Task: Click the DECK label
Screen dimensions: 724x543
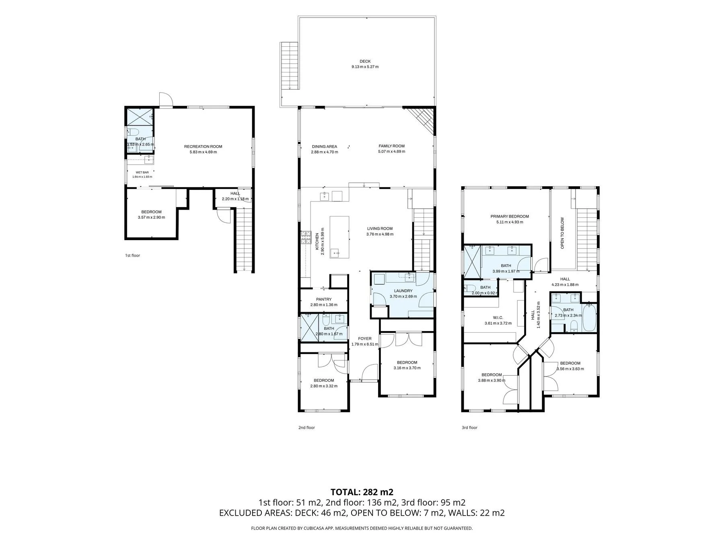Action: [x=365, y=62]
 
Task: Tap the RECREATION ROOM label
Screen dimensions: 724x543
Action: [x=203, y=146]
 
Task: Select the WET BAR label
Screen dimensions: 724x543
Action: [x=142, y=172]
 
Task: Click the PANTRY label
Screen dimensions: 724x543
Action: [x=324, y=299]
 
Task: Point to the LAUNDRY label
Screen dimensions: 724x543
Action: [x=403, y=291]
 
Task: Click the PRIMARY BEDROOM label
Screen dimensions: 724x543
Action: [x=510, y=216]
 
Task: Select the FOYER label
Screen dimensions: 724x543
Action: [x=365, y=339]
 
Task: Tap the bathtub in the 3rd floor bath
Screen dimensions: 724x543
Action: [x=589, y=318]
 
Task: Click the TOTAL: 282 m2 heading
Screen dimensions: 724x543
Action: [x=362, y=492]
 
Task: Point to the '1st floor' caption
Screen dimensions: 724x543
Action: [x=132, y=255]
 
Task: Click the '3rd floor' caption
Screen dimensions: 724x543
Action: [x=469, y=428]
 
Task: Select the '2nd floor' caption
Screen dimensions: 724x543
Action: [x=306, y=428]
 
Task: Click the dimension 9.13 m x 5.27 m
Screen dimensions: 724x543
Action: [x=365, y=67]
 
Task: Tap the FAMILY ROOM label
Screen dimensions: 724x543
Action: [x=391, y=146]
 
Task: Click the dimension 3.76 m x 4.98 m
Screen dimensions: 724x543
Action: [x=380, y=234]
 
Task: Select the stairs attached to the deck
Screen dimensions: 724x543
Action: [x=290, y=66]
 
